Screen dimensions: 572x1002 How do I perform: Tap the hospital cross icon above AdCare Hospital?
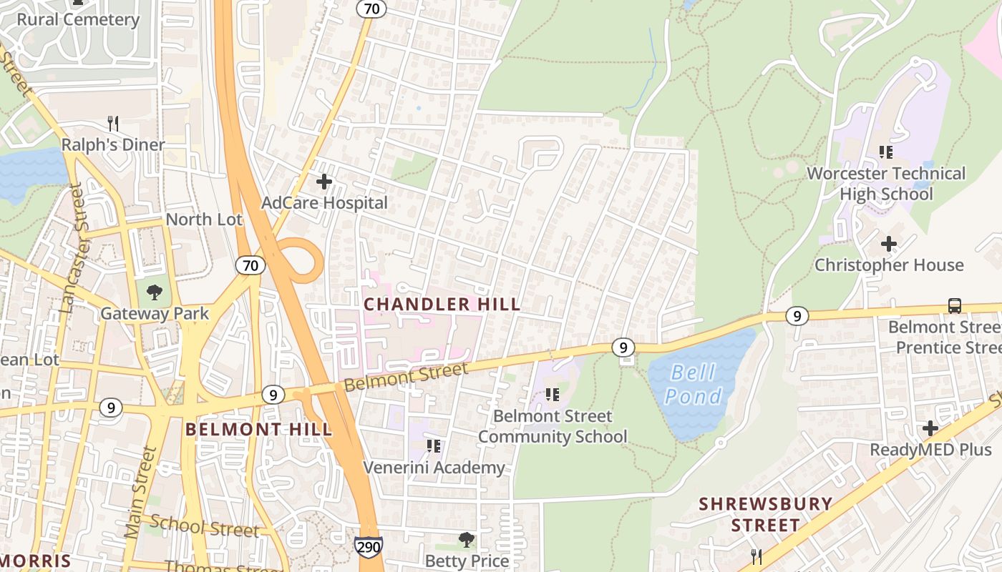coord(324,182)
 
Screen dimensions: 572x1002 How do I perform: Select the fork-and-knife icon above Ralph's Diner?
coord(112,123)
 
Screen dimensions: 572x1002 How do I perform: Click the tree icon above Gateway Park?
coord(154,292)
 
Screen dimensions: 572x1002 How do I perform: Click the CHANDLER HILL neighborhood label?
coord(442,305)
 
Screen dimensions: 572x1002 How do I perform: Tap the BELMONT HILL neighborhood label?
coord(259,429)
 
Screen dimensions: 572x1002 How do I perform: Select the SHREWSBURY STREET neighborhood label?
coord(766,515)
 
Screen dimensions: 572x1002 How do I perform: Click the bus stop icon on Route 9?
coord(954,306)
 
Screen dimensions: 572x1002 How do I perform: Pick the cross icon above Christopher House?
coord(889,244)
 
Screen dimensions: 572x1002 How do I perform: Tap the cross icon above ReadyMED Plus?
coord(930,428)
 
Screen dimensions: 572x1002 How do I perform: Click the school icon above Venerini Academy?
coord(434,446)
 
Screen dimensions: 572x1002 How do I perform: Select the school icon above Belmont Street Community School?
coord(552,395)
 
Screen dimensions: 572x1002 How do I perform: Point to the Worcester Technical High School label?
coord(886,184)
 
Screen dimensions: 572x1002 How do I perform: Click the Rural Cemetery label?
coord(78,19)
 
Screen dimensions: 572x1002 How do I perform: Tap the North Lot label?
coord(204,220)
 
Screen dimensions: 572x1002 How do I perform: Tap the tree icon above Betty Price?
coord(467,539)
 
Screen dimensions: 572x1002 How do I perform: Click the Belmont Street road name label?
coord(406,377)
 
